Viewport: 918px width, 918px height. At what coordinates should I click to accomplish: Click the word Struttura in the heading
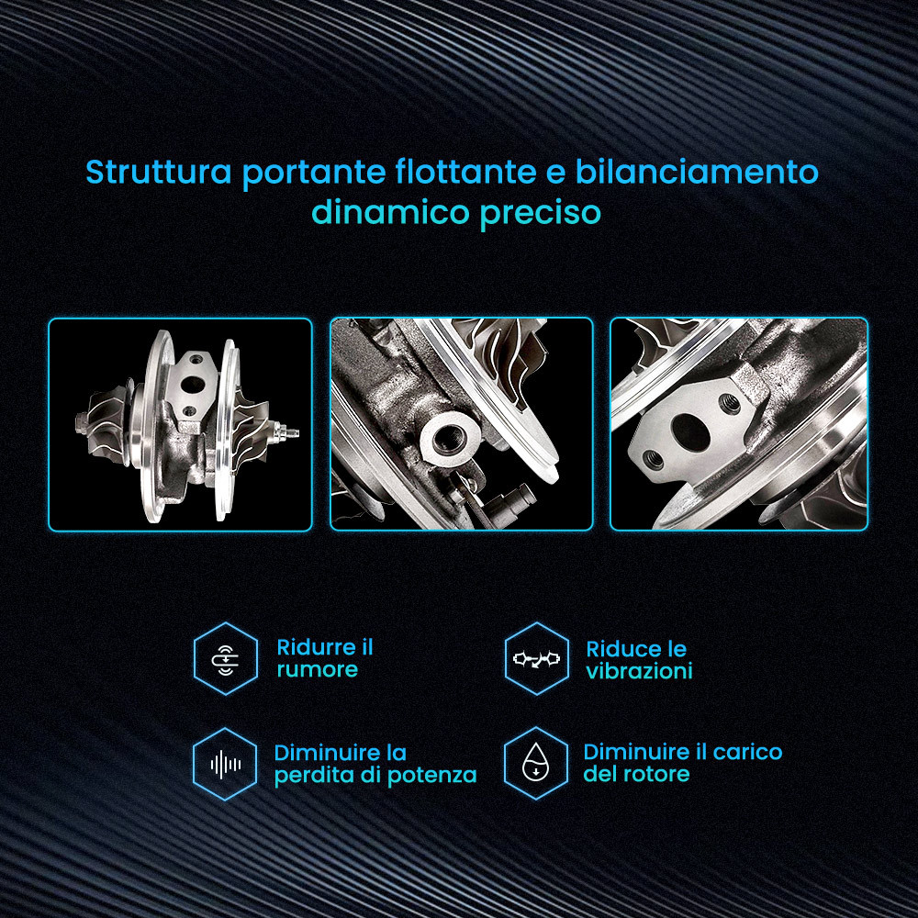click(x=159, y=173)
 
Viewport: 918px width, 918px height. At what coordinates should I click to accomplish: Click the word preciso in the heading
click(x=541, y=213)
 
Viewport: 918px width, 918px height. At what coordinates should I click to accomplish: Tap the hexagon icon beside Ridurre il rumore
click(x=226, y=658)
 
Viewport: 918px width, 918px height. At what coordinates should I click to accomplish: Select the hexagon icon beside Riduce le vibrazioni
click(x=536, y=658)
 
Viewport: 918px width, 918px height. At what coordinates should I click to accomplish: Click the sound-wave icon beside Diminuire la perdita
click(x=226, y=764)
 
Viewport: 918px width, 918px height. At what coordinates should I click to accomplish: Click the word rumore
click(x=318, y=670)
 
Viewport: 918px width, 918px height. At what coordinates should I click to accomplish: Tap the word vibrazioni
click(x=639, y=671)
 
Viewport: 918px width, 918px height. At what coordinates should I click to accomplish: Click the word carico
click(x=747, y=753)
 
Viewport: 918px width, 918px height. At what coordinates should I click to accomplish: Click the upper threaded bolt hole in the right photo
click(x=730, y=402)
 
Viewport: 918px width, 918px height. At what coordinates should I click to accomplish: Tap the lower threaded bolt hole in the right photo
click(x=653, y=459)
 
